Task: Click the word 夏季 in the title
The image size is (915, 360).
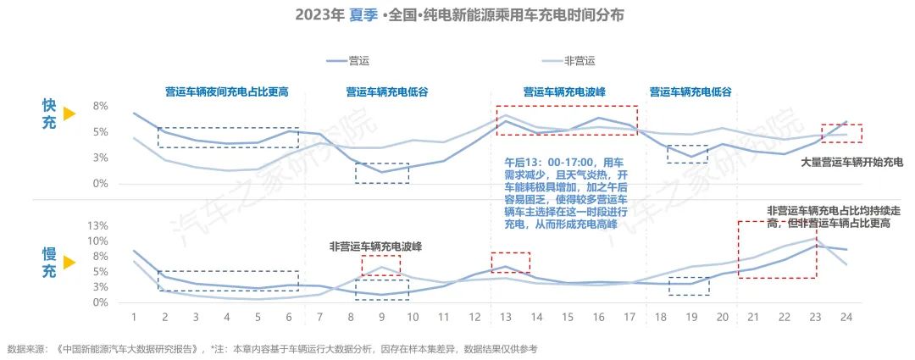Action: point(363,16)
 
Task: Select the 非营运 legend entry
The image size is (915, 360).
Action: point(580,61)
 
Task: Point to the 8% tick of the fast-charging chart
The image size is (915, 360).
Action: point(101,106)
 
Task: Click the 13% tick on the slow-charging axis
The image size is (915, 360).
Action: point(99,226)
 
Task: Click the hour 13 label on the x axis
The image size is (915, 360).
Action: point(505,316)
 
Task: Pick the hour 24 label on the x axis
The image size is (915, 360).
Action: point(846,316)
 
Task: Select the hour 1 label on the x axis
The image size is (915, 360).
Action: point(134,316)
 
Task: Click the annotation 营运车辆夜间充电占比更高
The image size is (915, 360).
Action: point(226,91)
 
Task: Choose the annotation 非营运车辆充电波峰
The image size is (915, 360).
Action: point(376,246)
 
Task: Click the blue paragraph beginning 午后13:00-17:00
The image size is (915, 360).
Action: point(563,191)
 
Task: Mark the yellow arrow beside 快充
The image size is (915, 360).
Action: point(69,114)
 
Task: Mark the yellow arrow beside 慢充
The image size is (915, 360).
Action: point(69,263)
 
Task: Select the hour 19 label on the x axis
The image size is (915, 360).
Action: point(690,316)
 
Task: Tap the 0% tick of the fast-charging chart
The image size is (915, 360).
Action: point(101,183)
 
